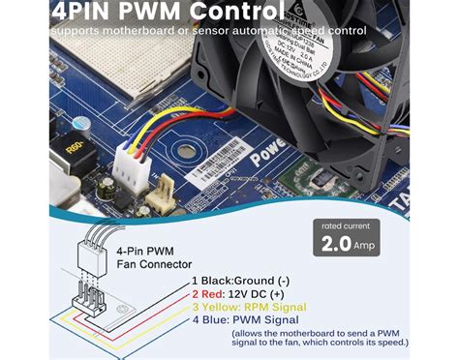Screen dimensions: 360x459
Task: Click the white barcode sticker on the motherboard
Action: (x=219, y=177)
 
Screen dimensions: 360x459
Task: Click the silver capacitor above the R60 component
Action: (x=82, y=124)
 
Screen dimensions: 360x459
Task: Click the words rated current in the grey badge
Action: (x=345, y=225)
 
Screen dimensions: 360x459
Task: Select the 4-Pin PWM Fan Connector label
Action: (x=130, y=257)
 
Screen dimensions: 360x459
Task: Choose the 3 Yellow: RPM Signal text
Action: (x=248, y=306)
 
